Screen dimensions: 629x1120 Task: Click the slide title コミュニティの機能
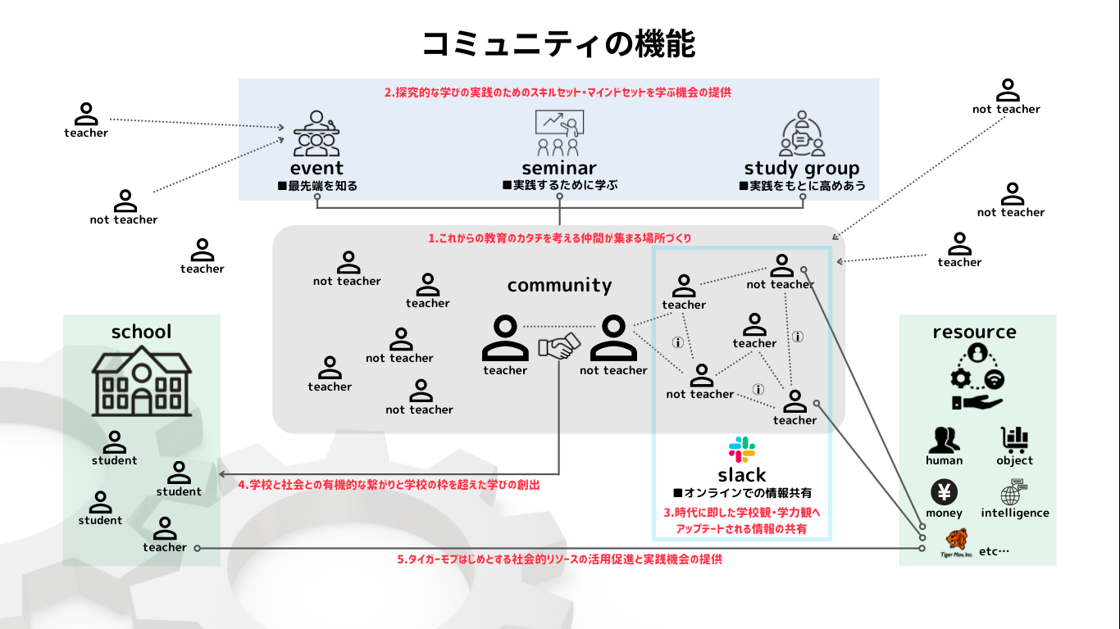[559, 43]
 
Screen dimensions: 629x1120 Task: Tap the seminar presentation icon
[559, 133]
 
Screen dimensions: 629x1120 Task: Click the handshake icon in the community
[558, 346]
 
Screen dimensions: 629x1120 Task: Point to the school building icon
[141, 383]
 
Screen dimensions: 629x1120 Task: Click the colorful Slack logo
[742, 450]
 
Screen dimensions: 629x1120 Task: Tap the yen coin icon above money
[944, 493]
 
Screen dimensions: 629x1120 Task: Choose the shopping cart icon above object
[1014, 441]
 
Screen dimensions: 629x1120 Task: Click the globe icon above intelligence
[1013, 494]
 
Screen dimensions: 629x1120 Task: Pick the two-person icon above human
[944, 441]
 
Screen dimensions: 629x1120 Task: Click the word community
[559, 285]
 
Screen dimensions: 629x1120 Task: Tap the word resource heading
[974, 332]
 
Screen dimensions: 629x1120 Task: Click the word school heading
[141, 332]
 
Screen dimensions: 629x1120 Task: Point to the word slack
[742, 475]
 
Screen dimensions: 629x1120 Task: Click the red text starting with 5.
[559, 559]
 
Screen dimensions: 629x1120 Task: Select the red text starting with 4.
[389, 485]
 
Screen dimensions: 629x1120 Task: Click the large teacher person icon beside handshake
[505, 338]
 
